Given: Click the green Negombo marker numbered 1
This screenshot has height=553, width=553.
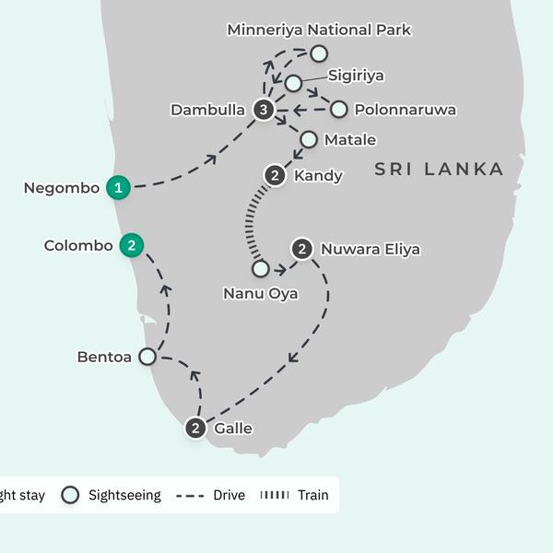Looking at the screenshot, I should [117, 187].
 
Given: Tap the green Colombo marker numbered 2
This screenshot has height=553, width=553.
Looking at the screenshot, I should [132, 246].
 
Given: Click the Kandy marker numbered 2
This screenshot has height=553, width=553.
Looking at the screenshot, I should [275, 175].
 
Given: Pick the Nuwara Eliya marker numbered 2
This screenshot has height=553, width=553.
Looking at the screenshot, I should [301, 249].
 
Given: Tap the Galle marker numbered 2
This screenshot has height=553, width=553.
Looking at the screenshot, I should [195, 428].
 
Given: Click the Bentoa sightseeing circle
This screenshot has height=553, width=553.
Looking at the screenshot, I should [147, 356].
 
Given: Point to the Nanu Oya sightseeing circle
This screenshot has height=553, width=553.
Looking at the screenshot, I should [261, 269].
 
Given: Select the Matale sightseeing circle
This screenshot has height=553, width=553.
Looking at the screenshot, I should [308, 140].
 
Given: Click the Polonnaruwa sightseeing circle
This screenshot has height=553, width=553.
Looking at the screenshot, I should [339, 110].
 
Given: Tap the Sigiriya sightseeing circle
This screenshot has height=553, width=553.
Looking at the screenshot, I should [293, 84].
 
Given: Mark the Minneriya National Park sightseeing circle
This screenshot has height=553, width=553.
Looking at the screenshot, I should [319, 53].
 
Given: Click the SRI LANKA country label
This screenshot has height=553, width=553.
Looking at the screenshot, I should [440, 170].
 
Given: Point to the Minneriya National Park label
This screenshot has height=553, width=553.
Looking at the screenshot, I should [319, 30].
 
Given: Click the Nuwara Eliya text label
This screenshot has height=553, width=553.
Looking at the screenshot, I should [371, 249].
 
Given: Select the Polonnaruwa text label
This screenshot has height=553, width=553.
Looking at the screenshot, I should [405, 111].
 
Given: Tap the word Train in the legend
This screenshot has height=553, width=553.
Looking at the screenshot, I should [312, 495].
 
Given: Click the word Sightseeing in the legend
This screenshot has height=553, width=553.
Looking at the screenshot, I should [124, 495].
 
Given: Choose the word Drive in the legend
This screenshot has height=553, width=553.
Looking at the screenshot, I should [229, 495].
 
